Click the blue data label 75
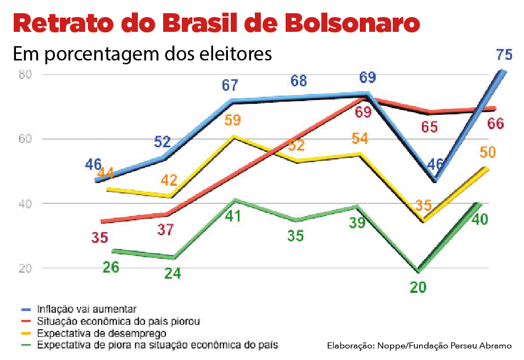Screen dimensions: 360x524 [503, 55]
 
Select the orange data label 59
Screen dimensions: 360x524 [232, 120]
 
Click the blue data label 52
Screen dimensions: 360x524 [162, 142]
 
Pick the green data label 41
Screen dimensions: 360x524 [233, 216]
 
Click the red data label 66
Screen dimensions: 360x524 [495, 124]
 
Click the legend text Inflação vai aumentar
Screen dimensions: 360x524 [87, 308]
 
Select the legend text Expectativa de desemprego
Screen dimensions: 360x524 [102, 333]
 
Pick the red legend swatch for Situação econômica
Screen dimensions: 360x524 [24, 321]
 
